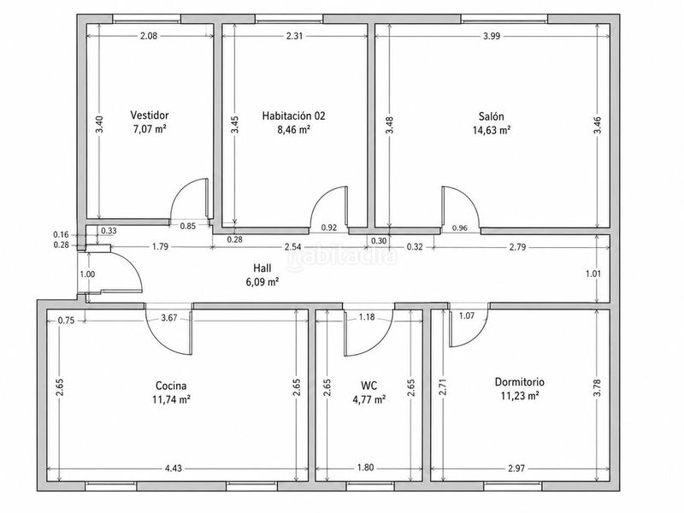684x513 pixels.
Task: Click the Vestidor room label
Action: pyautogui.click(x=150, y=115)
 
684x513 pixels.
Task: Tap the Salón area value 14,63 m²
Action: pyautogui.click(x=492, y=130)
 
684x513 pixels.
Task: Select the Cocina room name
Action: pyautogui.click(x=171, y=386)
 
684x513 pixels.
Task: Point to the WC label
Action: pyautogui.click(x=369, y=386)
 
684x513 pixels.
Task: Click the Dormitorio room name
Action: pyautogui.click(x=520, y=382)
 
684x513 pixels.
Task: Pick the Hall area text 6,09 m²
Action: pyautogui.click(x=262, y=282)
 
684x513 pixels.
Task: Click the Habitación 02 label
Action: pyautogui.click(x=293, y=115)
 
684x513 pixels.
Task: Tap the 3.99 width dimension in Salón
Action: pyautogui.click(x=492, y=36)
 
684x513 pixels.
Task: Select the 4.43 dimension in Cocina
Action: pyautogui.click(x=174, y=469)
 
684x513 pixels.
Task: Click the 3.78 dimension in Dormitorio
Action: pyautogui.click(x=597, y=388)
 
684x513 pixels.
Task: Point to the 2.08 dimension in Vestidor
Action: pyautogui.click(x=149, y=36)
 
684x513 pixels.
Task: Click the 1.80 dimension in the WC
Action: pyautogui.click(x=366, y=468)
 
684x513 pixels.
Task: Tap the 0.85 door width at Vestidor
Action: pyautogui.click(x=188, y=226)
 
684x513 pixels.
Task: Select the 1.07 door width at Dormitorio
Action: pyautogui.click(x=467, y=315)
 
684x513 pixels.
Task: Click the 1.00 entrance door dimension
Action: pyautogui.click(x=87, y=274)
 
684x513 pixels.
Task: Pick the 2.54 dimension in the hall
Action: pyautogui.click(x=292, y=247)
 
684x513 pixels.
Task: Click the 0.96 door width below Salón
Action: pyautogui.click(x=460, y=227)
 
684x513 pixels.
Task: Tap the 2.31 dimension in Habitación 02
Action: pyautogui.click(x=294, y=36)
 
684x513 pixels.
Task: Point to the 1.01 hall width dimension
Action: pyautogui.click(x=593, y=274)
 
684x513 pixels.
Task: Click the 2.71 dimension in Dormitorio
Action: pyautogui.click(x=443, y=387)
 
